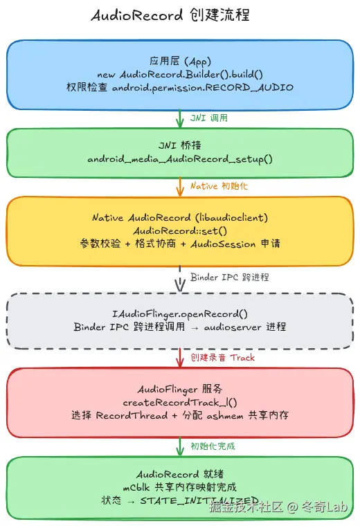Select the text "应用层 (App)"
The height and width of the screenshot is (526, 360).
[x=180, y=61]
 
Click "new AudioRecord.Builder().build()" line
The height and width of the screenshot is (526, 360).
[x=180, y=74]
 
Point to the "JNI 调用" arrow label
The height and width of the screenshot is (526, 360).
[x=209, y=118]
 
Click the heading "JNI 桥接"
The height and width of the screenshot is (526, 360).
[x=180, y=146]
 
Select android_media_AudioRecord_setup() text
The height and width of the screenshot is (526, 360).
[x=180, y=159]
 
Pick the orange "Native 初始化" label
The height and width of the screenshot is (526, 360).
[x=216, y=186]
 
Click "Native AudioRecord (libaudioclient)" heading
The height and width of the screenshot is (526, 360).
[x=180, y=217]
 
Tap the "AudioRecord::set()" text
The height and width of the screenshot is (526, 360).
[x=180, y=230]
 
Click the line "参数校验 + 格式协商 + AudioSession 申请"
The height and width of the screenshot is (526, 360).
[x=180, y=244]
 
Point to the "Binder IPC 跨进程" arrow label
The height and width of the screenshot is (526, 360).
[x=230, y=277]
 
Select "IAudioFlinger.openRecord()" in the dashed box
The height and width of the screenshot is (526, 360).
[x=180, y=314]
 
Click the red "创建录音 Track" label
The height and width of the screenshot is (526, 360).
[x=223, y=357]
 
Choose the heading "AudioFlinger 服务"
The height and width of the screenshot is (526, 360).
[x=180, y=389]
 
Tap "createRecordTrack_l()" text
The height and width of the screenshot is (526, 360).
[x=180, y=402]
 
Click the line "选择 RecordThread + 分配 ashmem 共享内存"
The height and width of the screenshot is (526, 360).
[x=180, y=416]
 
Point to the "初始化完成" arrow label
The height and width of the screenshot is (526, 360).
[x=213, y=446]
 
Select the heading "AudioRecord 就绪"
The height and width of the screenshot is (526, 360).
[x=180, y=474]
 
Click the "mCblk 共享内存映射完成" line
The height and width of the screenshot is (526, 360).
[x=180, y=487]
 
